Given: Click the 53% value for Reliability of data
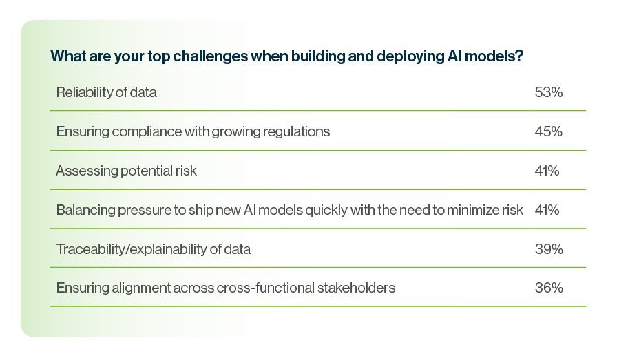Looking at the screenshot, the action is [x=548, y=92].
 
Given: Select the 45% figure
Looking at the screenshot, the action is [x=548, y=131].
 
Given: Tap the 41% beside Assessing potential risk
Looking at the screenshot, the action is [x=547, y=171].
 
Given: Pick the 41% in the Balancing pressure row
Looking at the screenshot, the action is [x=547, y=210].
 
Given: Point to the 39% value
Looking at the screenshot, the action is [x=549, y=249].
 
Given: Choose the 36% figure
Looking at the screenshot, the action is [x=549, y=287].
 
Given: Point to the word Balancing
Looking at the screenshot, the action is [x=85, y=211].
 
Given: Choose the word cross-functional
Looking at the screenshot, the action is [x=265, y=288].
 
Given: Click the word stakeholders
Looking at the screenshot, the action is [x=356, y=288].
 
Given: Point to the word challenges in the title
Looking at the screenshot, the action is [x=211, y=56].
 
